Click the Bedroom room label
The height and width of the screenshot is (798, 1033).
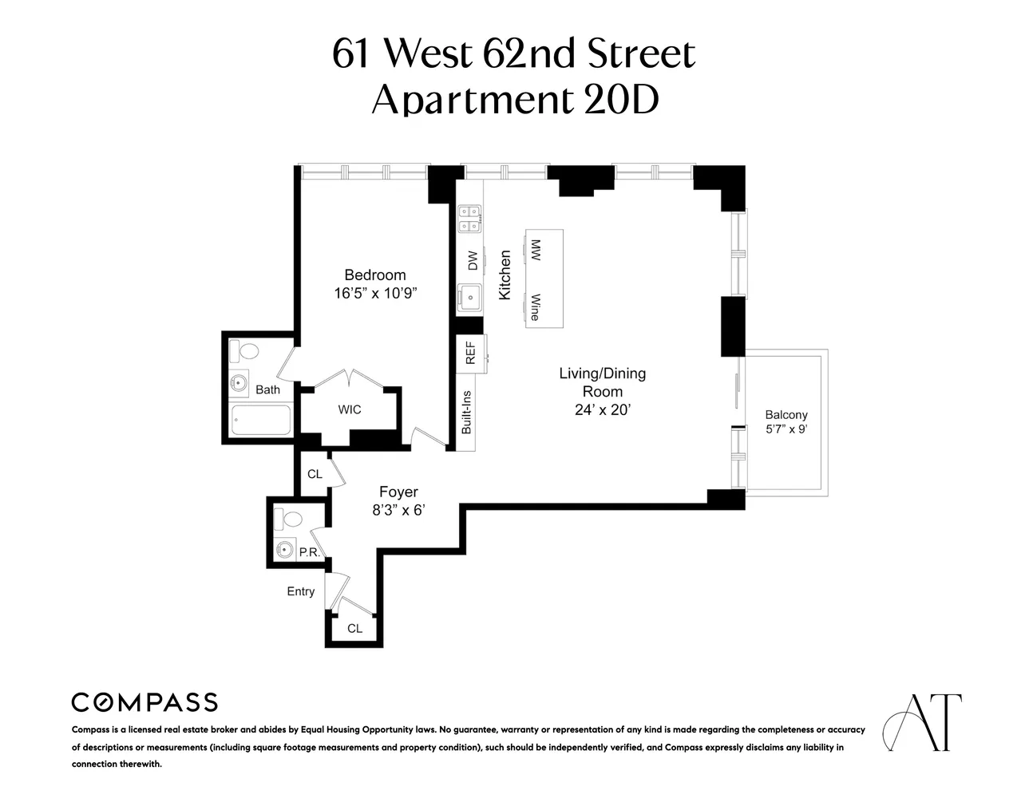coord(374,275)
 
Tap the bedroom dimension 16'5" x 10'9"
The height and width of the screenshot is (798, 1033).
coord(375,294)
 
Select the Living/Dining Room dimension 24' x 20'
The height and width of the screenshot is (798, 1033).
coord(602,411)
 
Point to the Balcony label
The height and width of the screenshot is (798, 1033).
coord(786,415)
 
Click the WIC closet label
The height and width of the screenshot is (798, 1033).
coord(349,409)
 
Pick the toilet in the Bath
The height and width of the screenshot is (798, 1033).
coord(245,351)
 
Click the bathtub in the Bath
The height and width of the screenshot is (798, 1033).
coord(260,421)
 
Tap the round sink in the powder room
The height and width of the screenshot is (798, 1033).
coord(283,549)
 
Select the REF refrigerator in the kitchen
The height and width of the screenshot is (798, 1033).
coord(470,353)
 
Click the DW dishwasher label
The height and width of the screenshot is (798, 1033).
coord(472,260)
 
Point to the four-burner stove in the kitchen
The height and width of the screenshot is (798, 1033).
coord(469,218)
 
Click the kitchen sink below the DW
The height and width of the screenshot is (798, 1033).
coord(469,298)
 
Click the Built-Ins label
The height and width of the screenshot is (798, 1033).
coord(467,413)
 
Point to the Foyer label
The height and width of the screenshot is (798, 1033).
coord(398,492)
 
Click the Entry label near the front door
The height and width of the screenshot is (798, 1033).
coord(301,591)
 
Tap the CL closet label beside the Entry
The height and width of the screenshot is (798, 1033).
coord(354,628)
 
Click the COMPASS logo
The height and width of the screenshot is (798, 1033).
coord(144,702)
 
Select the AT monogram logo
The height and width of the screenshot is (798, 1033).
coord(922,722)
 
